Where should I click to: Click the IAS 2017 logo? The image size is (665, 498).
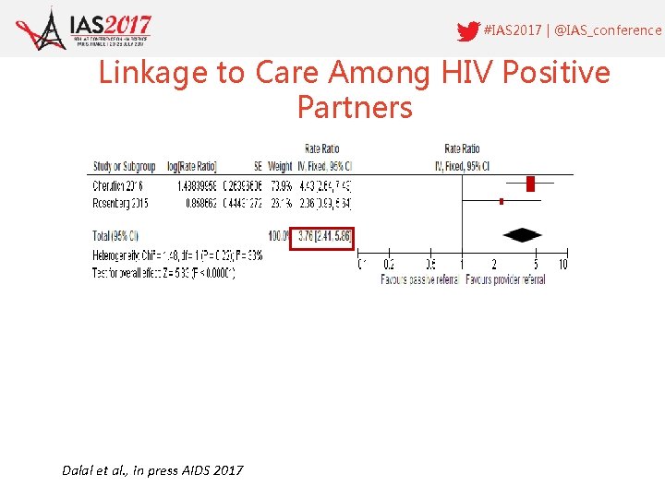85,28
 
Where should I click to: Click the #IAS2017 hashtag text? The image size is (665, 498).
513,30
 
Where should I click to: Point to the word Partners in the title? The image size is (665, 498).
355,108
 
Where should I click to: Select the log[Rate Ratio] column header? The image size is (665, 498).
191,167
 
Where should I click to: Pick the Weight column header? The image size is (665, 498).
280,167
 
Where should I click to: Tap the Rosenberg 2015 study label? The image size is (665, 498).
121,202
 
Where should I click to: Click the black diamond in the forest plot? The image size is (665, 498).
521,235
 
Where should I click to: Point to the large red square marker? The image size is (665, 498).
530,184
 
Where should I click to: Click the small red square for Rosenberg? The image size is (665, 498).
501,201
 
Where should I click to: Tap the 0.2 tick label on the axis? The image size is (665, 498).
389,266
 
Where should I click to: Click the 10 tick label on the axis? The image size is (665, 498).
562,266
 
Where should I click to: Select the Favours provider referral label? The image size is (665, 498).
505,279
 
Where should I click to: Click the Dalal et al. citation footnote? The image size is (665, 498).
152,470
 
